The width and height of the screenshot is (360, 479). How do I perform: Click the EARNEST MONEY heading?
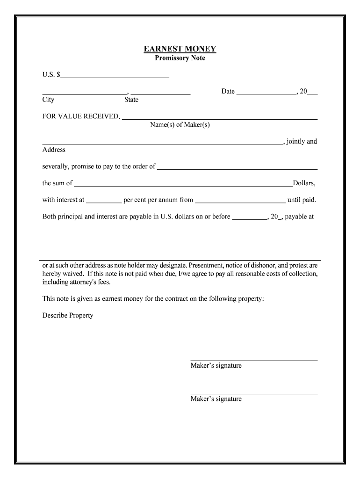coord(180,49)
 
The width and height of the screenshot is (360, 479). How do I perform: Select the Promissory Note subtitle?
coord(180,58)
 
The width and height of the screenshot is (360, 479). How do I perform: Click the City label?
coord(48,100)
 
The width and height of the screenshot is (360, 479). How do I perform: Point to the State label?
coord(131,100)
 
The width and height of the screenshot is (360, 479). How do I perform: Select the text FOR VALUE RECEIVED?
coord(81,116)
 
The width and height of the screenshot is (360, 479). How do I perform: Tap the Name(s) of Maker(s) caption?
coord(180,125)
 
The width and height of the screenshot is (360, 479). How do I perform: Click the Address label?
coord(54,150)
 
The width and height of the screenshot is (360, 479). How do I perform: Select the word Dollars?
coord(304,183)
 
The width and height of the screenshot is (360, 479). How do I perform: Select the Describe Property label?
coord(68,315)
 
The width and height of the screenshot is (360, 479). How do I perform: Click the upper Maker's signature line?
coord(254,360)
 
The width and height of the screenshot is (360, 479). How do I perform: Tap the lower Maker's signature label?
coord(216,399)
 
